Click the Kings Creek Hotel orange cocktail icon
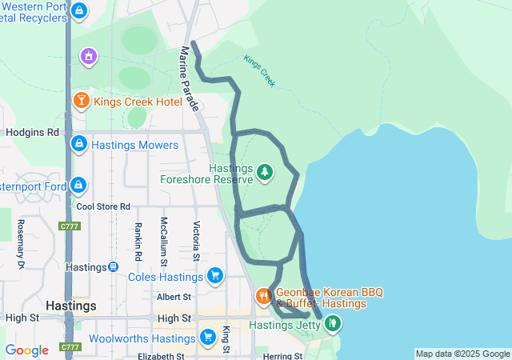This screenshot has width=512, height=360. [81, 102]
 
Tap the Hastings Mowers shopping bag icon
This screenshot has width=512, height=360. [78, 145]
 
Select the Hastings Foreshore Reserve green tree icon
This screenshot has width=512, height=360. [264, 171]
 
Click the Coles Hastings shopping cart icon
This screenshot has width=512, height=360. [214, 277]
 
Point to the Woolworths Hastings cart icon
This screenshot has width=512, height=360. [208, 338]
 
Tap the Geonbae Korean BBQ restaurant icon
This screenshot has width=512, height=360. [264, 298]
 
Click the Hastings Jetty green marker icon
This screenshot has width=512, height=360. [332, 325]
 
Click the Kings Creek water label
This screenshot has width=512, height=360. [259, 71]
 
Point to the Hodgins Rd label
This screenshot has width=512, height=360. [32, 132]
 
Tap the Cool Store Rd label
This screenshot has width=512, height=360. [103, 206]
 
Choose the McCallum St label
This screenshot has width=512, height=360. [163, 241]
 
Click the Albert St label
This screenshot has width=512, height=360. [174, 296]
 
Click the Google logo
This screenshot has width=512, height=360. [26, 350]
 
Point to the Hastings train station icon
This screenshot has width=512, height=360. [113, 267]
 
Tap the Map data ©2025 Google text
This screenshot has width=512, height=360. [462, 354]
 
